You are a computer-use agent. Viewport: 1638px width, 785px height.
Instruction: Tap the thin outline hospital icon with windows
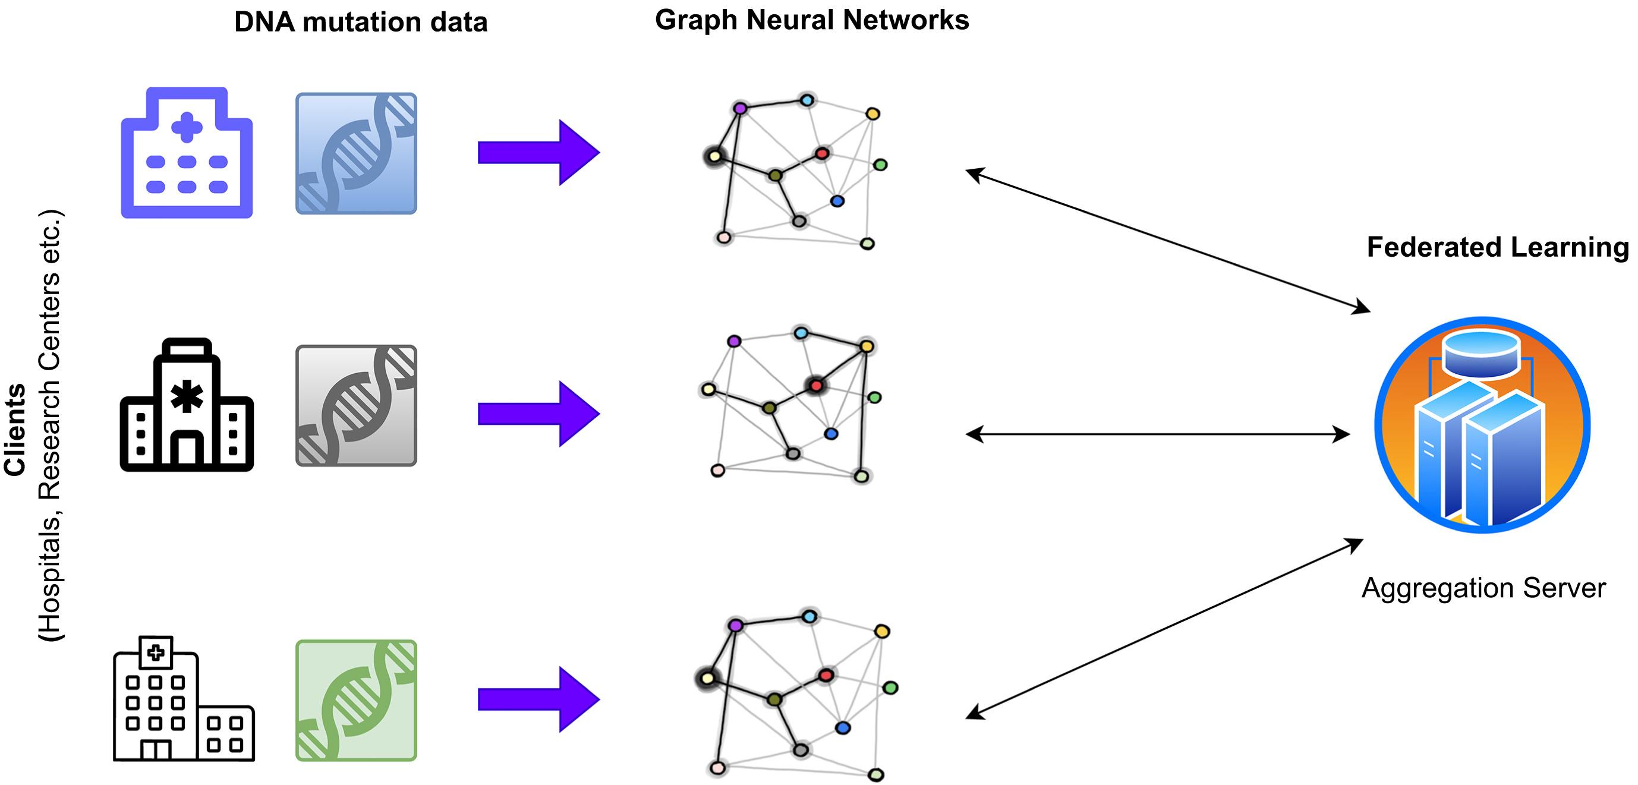pyautogui.click(x=184, y=699)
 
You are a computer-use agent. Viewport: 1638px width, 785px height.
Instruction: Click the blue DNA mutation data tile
pyautogui.click(x=356, y=153)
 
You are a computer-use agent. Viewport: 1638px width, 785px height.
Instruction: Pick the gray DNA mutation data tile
pyautogui.click(x=356, y=405)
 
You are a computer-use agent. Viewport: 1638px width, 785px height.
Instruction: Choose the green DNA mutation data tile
pyautogui.click(x=356, y=700)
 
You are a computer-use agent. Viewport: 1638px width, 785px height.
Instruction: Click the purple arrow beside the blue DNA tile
pyautogui.click(x=538, y=153)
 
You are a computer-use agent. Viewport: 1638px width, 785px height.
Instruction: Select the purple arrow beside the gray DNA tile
pyautogui.click(x=538, y=414)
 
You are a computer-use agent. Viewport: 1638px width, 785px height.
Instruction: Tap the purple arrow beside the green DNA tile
pyautogui.click(x=538, y=699)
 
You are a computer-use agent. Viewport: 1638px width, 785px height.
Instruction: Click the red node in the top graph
pyautogui.click(x=822, y=153)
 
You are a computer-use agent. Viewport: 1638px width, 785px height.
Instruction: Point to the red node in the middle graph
pyautogui.click(x=816, y=385)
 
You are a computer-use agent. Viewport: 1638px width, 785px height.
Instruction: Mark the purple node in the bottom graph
pyautogui.click(x=736, y=626)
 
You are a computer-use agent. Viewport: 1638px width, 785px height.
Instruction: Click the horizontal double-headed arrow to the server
pyautogui.click(x=1157, y=434)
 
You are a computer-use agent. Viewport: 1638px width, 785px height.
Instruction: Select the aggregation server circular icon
pyautogui.click(x=1482, y=425)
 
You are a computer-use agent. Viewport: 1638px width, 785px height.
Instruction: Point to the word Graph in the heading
pyautogui.click(x=697, y=20)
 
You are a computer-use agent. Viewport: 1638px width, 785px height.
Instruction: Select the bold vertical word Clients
pyautogui.click(x=15, y=430)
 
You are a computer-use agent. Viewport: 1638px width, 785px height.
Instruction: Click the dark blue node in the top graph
pyautogui.click(x=837, y=201)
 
